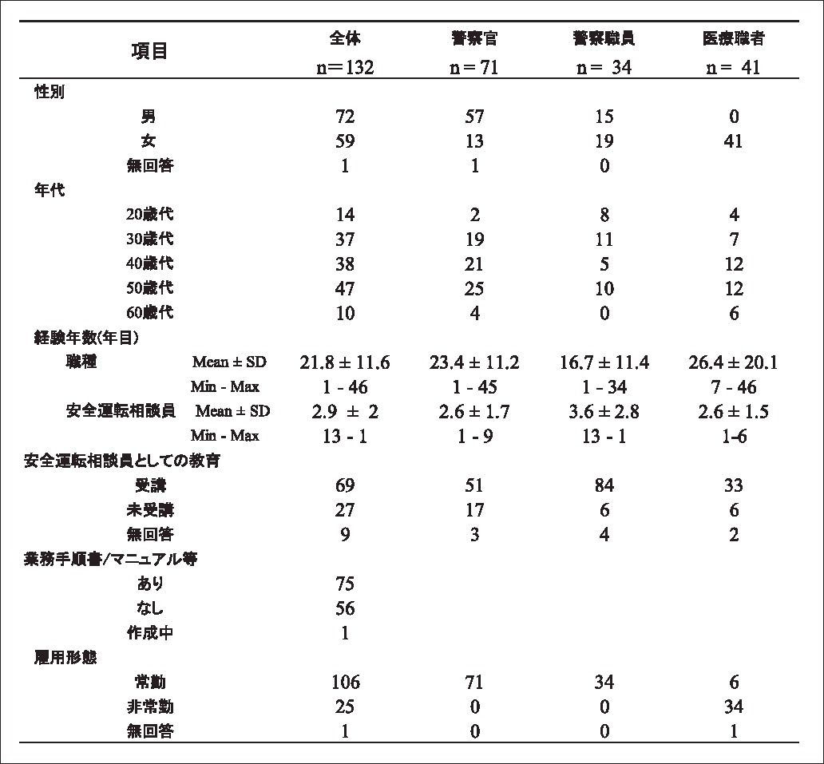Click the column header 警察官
[474, 38]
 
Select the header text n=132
[345, 68]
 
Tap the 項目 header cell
[149, 52]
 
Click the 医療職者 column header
[733, 38]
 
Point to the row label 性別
[50, 92]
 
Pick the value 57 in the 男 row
[474, 117]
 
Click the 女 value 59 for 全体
[345, 141]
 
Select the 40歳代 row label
[149, 263]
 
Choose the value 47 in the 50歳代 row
[345, 288]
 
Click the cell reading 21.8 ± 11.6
[345, 363]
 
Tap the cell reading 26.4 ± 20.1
[733, 363]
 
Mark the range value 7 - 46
[733, 388]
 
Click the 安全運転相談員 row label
[121, 412]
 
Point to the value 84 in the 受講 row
[604, 485]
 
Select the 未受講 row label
[154, 510]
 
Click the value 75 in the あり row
[345, 584]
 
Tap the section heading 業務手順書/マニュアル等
[111, 559]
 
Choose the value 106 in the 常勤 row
[345, 683]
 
